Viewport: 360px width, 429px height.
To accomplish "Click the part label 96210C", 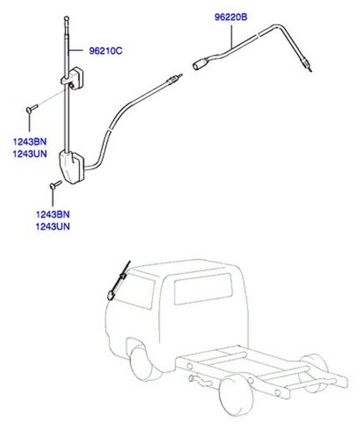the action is pos(106,51).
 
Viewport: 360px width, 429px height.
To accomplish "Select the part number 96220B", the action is pos(230,17).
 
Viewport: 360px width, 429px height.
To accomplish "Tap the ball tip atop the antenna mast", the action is pos(67,19).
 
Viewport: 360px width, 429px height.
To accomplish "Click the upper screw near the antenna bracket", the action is pos(31,109).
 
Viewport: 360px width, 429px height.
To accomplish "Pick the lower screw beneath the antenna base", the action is pos(56,184).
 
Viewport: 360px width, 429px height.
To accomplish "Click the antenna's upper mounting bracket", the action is pos(72,78).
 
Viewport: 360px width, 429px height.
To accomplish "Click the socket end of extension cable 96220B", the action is pos(198,64).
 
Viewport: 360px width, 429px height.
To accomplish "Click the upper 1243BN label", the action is pos(30,142).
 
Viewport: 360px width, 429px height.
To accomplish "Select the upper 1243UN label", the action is pos(30,154).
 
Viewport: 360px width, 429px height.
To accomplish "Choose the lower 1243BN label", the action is pos(53,214).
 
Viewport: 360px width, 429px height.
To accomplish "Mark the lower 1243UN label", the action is pos(53,227).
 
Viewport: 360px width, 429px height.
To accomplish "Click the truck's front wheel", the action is pos(142,363).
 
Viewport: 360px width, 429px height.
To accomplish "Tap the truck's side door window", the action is pos(203,289).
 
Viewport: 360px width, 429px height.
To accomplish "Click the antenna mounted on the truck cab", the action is pos(118,281).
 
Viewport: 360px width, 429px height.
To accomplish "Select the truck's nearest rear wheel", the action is pos(236,395).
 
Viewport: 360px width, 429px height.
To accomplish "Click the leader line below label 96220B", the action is pos(232,36).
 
